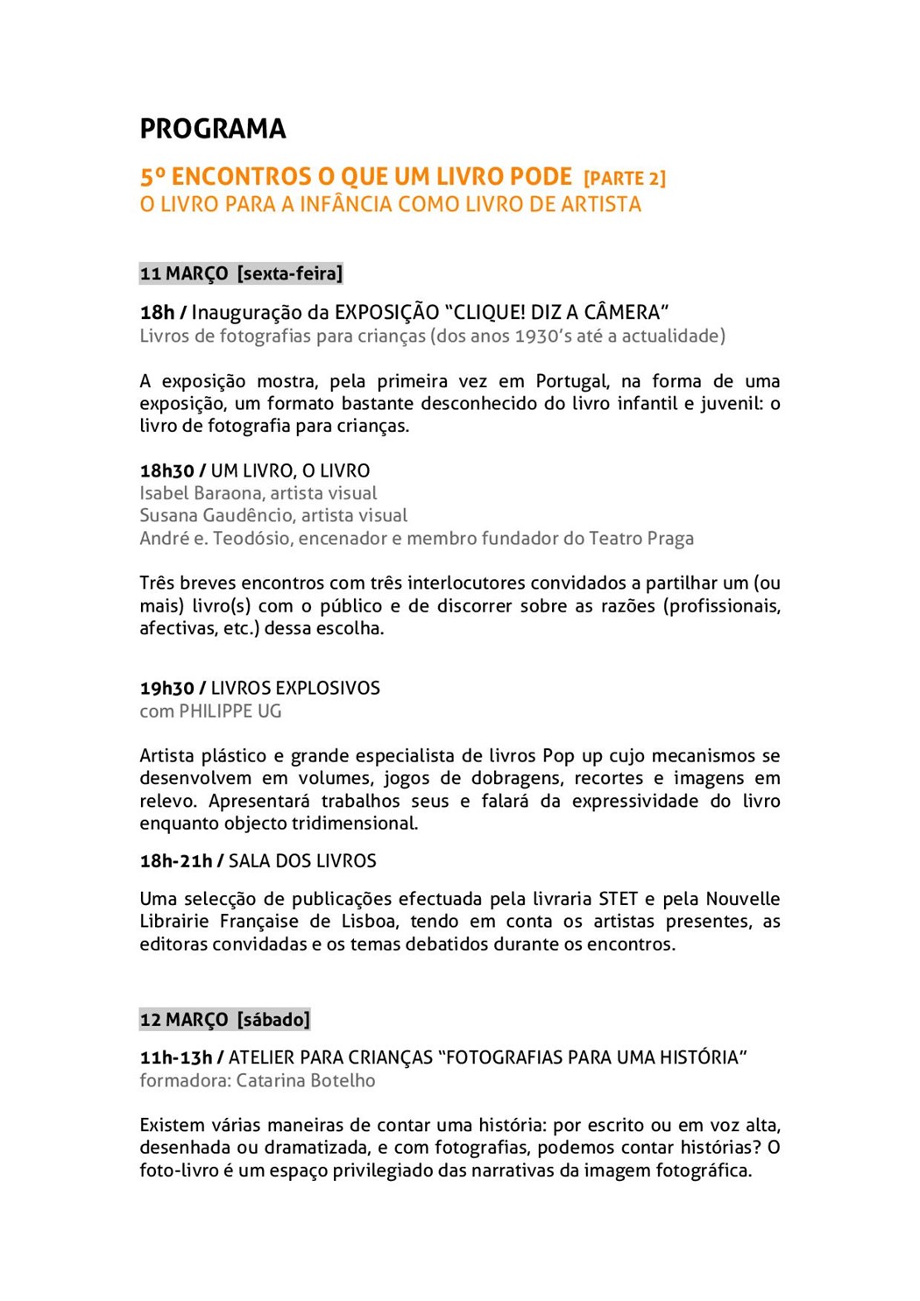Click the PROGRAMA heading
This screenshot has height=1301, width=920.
[213, 129]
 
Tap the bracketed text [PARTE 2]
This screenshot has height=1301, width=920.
[625, 178]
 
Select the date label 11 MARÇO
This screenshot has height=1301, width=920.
[184, 273]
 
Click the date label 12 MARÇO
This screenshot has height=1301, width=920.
[184, 1020]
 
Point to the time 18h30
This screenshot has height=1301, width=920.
[166, 470]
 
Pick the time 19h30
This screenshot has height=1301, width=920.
[166, 688]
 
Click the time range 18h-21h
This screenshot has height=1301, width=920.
[176, 860]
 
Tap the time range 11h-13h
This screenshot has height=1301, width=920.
[176, 1057]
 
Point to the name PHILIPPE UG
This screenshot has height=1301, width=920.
[230, 711]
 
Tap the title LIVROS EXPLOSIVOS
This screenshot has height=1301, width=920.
[295, 688]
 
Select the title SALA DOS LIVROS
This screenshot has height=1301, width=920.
[302, 860]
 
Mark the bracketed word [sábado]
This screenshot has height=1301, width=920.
[273, 1020]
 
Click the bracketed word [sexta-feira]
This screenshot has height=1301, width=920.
[290, 273]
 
